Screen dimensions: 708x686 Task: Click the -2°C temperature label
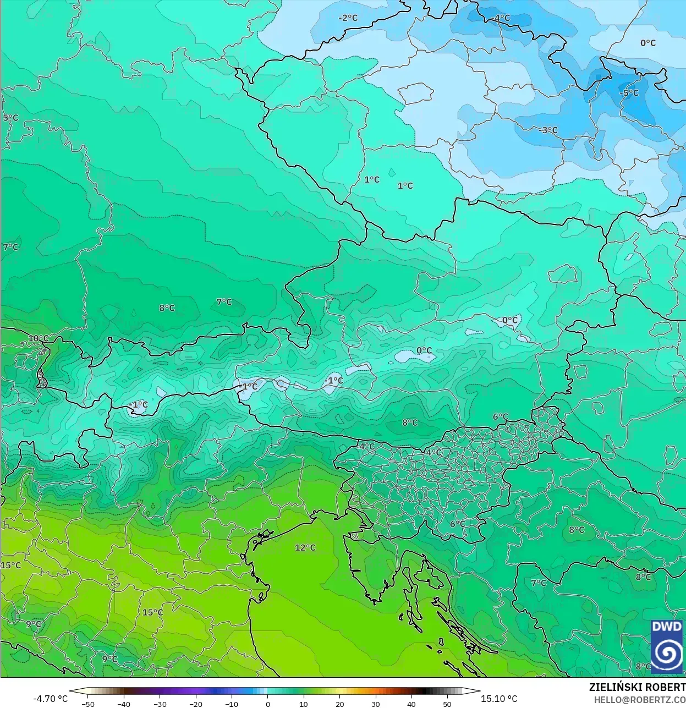point(348,18)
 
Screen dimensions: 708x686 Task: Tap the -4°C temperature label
point(501,18)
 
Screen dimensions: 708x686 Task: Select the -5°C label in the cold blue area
point(629,93)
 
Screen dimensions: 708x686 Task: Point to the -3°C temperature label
point(548,130)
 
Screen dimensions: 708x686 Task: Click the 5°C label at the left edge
point(10,118)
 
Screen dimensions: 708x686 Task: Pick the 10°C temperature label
point(39,338)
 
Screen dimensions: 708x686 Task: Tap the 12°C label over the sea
point(305,547)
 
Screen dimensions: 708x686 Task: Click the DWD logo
point(666,646)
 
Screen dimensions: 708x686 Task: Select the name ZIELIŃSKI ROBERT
point(637,688)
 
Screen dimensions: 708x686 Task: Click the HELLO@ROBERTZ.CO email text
point(639,700)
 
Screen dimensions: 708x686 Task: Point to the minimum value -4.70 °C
point(51,699)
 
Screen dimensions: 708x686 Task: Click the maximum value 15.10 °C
point(499,699)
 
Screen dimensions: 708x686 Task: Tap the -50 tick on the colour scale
point(87,704)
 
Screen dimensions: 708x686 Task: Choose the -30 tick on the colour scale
point(160,704)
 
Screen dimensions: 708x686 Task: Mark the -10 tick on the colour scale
point(232,704)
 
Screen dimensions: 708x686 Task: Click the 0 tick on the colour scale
point(268,704)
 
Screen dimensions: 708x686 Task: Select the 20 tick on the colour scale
point(340,704)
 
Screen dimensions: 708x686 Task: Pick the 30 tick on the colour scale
point(376,704)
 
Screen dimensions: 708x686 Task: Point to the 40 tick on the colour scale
point(411,704)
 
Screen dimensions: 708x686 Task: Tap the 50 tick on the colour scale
point(447,704)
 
